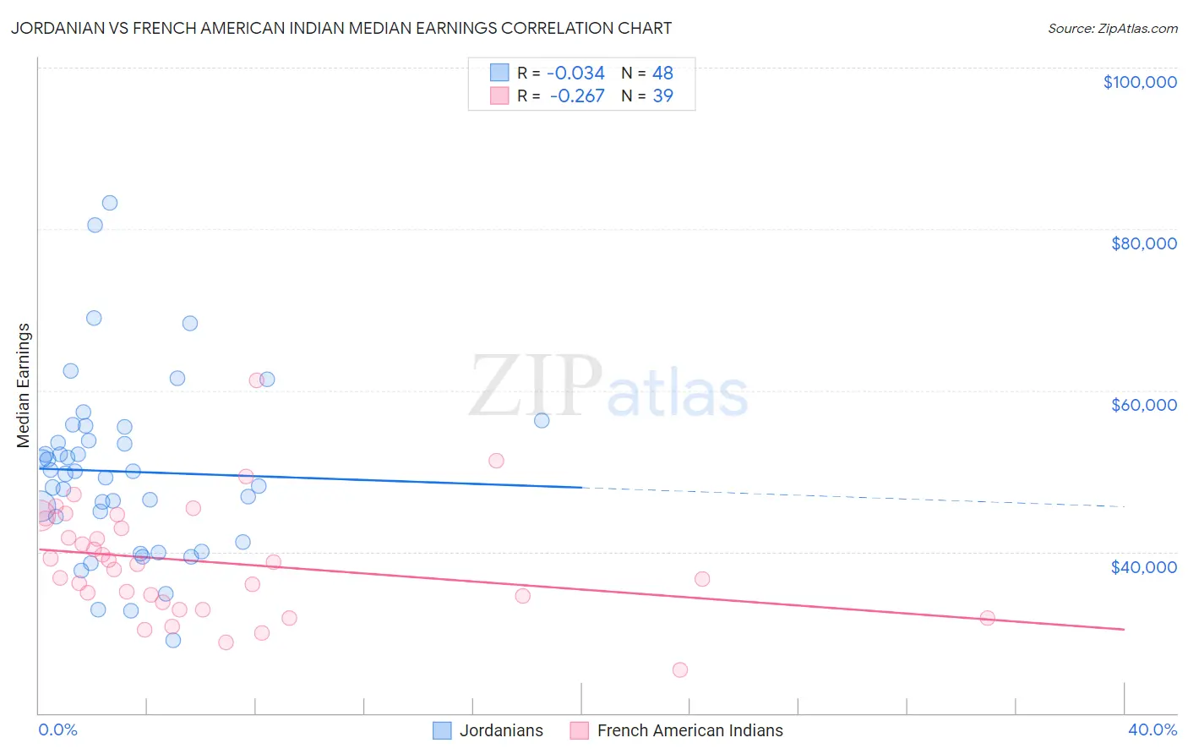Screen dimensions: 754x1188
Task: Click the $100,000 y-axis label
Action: pyautogui.click(x=1140, y=82)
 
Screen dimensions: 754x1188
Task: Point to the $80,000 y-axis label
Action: pyautogui.click(x=1143, y=243)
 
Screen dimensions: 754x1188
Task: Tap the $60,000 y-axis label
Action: pyautogui.click(x=1143, y=405)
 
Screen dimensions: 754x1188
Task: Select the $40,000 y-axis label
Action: pyautogui.click(x=1143, y=566)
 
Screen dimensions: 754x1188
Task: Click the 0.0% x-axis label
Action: pyautogui.click(x=57, y=729)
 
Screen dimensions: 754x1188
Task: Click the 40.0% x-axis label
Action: pyautogui.click(x=1152, y=729)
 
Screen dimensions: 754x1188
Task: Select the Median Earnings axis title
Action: pyautogui.click(x=24, y=385)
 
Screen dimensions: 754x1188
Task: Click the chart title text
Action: pyautogui.click(x=341, y=28)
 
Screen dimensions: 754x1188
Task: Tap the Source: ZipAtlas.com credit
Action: pyautogui.click(x=1112, y=28)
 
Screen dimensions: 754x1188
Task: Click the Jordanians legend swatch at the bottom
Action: pyautogui.click(x=442, y=730)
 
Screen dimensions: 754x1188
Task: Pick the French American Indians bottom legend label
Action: pyautogui.click(x=689, y=730)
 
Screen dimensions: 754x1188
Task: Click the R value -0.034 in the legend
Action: pyautogui.click(x=575, y=74)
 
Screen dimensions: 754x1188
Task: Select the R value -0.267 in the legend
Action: pyautogui.click(x=577, y=96)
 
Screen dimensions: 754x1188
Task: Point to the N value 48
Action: pyautogui.click(x=662, y=74)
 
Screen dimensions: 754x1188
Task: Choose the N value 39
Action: pyautogui.click(x=662, y=96)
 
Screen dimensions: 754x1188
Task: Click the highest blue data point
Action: pyautogui.click(x=110, y=203)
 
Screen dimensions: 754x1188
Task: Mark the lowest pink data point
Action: pyautogui.click(x=680, y=669)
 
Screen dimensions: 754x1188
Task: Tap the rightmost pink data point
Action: pyautogui.click(x=987, y=618)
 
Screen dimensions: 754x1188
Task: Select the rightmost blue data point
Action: pyautogui.click(x=542, y=420)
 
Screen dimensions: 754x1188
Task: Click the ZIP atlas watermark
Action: pyautogui.click(x=608, y=388)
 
